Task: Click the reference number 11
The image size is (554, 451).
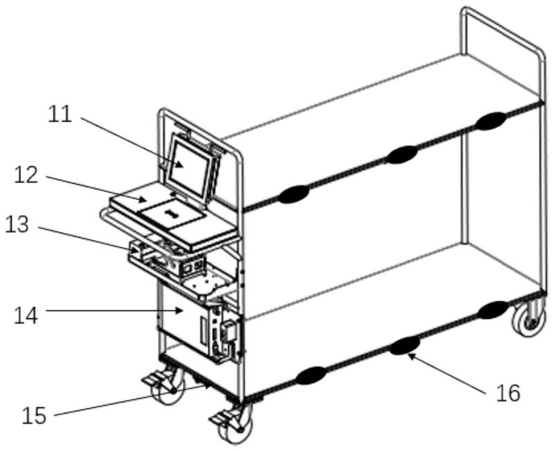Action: coord(60,114)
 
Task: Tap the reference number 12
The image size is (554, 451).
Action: coord(26,175)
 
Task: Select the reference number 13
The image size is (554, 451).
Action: coord(17,225)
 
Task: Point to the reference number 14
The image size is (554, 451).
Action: coord(26,316)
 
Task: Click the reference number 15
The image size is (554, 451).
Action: coord(34,416)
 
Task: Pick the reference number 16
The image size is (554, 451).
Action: coord(508,393)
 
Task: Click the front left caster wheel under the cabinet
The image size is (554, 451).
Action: coord(167,386)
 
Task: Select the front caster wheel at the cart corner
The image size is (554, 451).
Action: coord(235,425)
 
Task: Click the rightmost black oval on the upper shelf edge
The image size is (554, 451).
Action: coord(490,121)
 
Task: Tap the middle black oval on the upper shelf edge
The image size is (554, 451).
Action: coord(401,155)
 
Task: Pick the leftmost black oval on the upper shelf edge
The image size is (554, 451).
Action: coord(293,194)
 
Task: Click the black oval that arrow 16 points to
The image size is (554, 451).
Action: coord(405,345)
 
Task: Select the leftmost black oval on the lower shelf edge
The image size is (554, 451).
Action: coord(311,375)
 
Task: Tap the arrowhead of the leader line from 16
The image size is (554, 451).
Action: coord(410,355)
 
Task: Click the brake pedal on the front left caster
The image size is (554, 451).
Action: coord(152,380)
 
